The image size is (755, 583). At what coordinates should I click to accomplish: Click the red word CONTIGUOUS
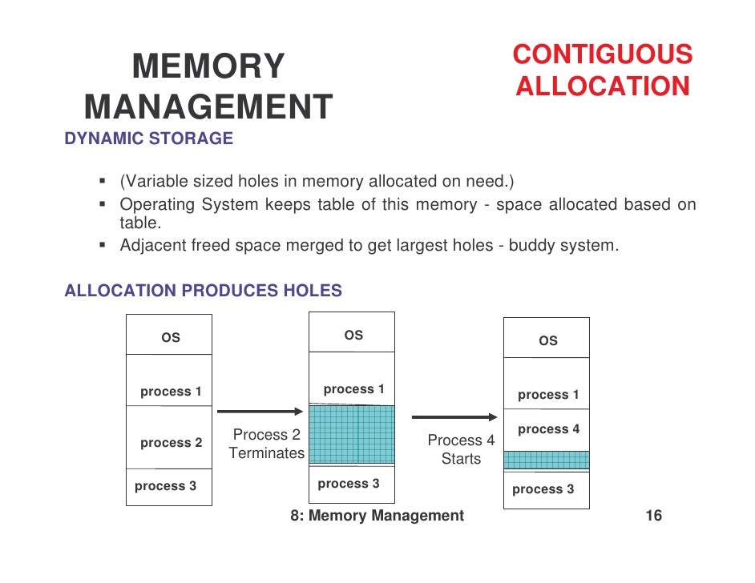point(602,54)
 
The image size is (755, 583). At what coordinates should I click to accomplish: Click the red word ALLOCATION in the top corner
point(602,86)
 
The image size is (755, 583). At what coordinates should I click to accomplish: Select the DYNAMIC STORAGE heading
point(148,139)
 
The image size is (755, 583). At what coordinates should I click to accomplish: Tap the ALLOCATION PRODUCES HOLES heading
point(203,291)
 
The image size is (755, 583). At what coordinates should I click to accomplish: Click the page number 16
point(653,516)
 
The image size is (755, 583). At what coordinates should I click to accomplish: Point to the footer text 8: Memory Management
point(377,516)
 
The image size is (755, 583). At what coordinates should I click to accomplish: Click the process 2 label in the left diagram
point(171,443)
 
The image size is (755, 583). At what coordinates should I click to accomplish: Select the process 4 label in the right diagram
point(548,429)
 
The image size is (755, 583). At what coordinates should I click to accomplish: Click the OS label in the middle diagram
point(353,336)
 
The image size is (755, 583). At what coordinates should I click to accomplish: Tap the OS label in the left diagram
point(171,338)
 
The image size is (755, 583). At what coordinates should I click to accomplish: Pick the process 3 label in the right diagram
point(543,489)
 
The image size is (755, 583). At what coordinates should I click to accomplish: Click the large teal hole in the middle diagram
point(352,435)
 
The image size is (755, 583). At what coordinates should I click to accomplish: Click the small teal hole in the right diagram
point(546,460)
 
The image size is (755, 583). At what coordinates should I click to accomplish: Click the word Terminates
point(266,453)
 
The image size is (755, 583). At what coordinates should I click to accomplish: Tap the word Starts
point(461,459)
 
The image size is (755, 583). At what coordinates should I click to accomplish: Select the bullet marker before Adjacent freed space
point(103,245)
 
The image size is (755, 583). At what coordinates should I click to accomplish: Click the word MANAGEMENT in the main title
point(208,107)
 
